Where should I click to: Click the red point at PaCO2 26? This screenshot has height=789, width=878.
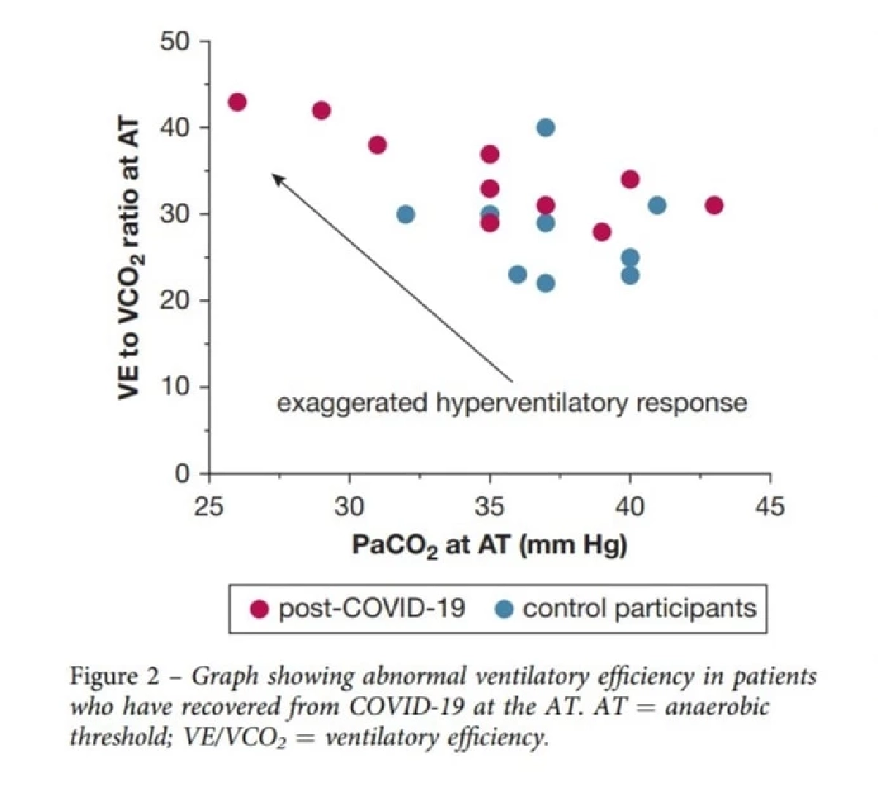click(237, 102)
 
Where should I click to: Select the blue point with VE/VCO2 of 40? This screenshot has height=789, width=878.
click(546, 128)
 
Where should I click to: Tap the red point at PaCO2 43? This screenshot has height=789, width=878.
click(714, 205)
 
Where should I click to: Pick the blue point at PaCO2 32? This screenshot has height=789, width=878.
click(405, 214)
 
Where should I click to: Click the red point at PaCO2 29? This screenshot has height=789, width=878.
click(321, 110)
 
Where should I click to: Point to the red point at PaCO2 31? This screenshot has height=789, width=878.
click(378, 145)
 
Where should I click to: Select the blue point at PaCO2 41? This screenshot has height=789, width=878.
click(658, 205)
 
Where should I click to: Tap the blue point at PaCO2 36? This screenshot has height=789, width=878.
click(517, 275)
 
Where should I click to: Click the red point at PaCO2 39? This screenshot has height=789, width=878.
click(602, 232)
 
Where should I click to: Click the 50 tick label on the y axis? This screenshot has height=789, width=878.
click(175, 42)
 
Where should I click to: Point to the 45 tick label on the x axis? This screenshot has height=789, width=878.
click(769, 506)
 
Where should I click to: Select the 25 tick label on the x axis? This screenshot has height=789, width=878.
click(209, 506)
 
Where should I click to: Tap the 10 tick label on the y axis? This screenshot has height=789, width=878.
click(175, 387)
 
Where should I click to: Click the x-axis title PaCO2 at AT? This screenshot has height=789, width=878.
click(489, 545)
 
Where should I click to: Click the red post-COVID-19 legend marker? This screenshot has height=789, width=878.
click(259, 608)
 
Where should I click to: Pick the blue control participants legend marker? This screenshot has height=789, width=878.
click(504, 608)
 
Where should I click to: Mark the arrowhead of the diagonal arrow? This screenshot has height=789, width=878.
click(275, 175)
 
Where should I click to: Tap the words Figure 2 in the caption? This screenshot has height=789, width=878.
click(114, 676)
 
